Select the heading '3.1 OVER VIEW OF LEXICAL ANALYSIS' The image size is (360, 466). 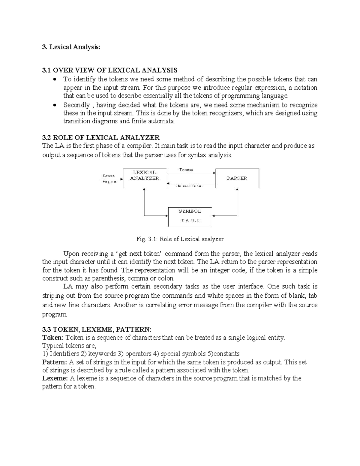tap(110, 70)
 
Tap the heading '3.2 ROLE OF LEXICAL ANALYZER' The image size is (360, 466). tap(101, 138)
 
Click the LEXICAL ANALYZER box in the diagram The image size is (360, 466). tap(144, 178)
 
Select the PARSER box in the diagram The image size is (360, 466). tap(237, 178)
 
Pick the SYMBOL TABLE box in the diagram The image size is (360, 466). tap(190, 216)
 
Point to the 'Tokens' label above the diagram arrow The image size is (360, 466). tap(186, 170)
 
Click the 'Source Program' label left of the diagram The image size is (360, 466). tap(108, 179)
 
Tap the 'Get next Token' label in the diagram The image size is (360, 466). tap(189, 186)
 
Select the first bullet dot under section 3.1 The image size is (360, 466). tap(54, 80)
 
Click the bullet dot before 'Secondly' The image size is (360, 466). tap(54, 105)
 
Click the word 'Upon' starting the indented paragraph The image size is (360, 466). tap(70, 254)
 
